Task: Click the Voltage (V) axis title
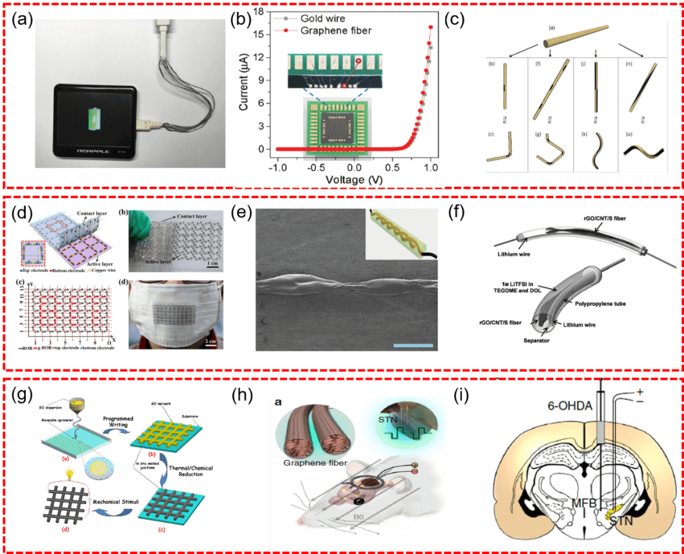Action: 355,179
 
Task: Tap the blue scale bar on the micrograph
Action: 413,346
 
